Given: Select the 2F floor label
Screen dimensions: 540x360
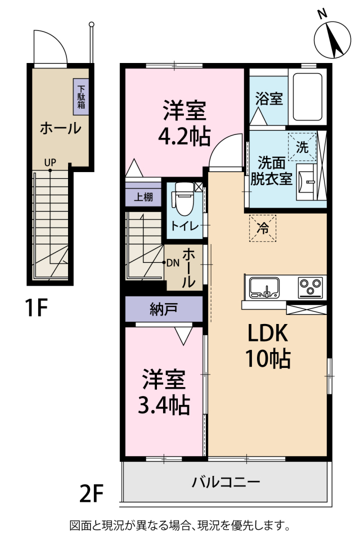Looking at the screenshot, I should [x=91, y=494].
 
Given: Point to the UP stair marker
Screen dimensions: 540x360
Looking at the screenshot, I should [x=51, y=163].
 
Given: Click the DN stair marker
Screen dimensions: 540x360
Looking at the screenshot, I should [x=172, y=263].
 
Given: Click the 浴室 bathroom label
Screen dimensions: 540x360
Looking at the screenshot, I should [x=269, y=100].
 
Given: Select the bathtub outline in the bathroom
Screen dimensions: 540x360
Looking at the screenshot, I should [x=307, y=97].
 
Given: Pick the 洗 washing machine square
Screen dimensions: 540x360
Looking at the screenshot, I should [x=302, y=147].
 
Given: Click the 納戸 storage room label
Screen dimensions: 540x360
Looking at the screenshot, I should [x=164, y=309].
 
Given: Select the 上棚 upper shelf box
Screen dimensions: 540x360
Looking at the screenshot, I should [x=143, y=197].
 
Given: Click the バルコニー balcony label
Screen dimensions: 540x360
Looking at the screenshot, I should [x=225, y=482].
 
